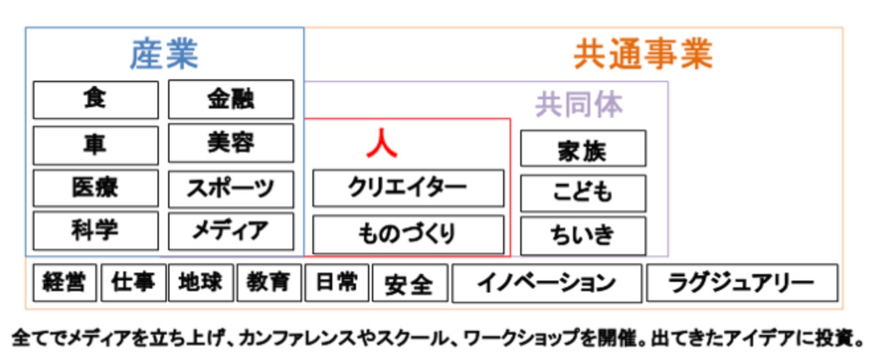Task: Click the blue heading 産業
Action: pos(163,55)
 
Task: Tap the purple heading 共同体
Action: pos(579,105)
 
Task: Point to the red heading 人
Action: pos(382,144)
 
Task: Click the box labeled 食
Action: pos(95,99)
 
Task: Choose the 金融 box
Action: pos(230,99)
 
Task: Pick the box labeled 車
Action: pos(95,144)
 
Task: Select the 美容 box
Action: pos(230,143)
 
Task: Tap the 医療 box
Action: pos(95,188)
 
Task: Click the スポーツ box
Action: pos(230,189)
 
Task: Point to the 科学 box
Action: pos(95,230)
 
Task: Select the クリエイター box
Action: pos(408,188)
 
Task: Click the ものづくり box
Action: pos(408,234)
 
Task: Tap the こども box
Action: pos(582,193)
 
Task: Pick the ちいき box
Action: pos(582,235)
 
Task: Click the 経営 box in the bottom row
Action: pos(64,283)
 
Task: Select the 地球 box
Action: pos(201,283)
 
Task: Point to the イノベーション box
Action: pos(546,283)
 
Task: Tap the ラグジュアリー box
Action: pos(741,283)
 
